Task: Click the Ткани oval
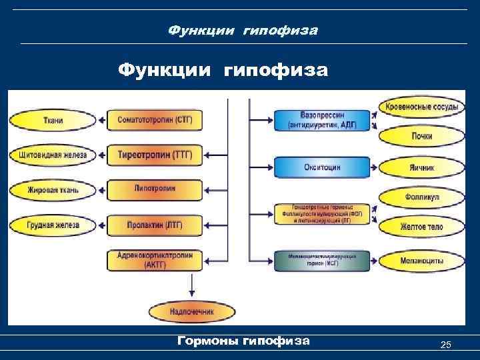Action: [53, 121]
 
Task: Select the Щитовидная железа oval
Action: [53, 155]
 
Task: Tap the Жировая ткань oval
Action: [53, 191]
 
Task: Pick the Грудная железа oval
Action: [53, 225]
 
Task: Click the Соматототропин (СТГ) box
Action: [155, 120]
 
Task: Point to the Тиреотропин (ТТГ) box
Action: [155, 155]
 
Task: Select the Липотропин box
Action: [155, 189]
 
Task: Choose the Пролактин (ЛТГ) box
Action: [155, 225]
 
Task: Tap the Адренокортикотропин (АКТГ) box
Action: [155, 261]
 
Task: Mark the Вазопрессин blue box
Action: [322, 120]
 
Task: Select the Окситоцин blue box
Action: [322, 167]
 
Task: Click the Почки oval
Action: [421, 136]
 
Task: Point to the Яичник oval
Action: [421, 167]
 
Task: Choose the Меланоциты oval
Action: [421, 261]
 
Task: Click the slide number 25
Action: [446, 344]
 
